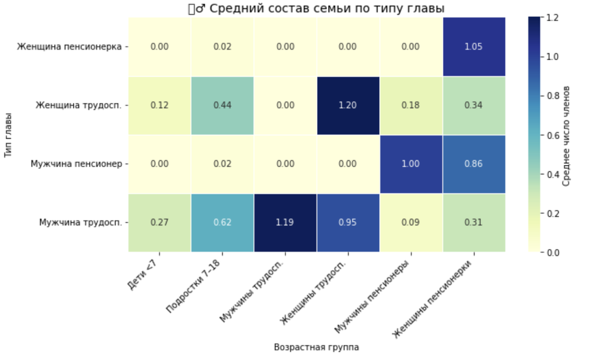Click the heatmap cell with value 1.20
coord(347,106)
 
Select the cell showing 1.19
coord(284,222)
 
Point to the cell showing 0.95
coord(347,222)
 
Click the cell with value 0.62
coord(222,222)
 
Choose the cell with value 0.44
coord(222,106)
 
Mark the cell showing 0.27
coord(159,222)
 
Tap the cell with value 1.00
coord(410,164)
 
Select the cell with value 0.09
coord(410,222)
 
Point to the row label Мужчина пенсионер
coord(76,164)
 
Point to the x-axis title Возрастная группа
coord(316,348)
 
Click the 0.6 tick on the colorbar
coord(552,135)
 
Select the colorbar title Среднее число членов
coord(566,135)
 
